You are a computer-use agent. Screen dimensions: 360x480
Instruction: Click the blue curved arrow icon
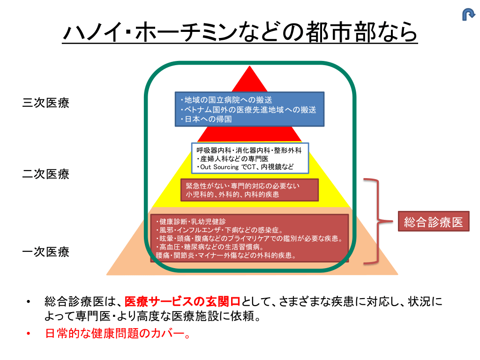pos(468,15)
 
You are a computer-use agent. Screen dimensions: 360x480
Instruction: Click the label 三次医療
pos(46,103)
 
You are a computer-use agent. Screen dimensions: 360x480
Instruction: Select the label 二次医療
pos(46,174)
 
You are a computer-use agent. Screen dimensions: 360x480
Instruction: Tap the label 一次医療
pos(46,252)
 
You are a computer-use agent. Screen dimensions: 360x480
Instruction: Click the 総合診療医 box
pos(434,221)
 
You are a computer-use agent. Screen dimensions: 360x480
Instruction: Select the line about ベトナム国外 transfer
pos(248,110)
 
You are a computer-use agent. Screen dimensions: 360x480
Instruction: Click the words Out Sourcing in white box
pos(219,167)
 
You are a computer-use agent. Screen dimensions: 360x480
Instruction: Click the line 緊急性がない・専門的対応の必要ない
pos(242,186)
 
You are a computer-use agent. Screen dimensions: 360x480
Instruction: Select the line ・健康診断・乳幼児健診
pos(191,221)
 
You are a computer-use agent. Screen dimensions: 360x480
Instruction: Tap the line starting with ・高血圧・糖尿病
pos(210,247)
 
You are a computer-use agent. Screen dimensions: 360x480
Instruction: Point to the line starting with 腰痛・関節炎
pos(225,255)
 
